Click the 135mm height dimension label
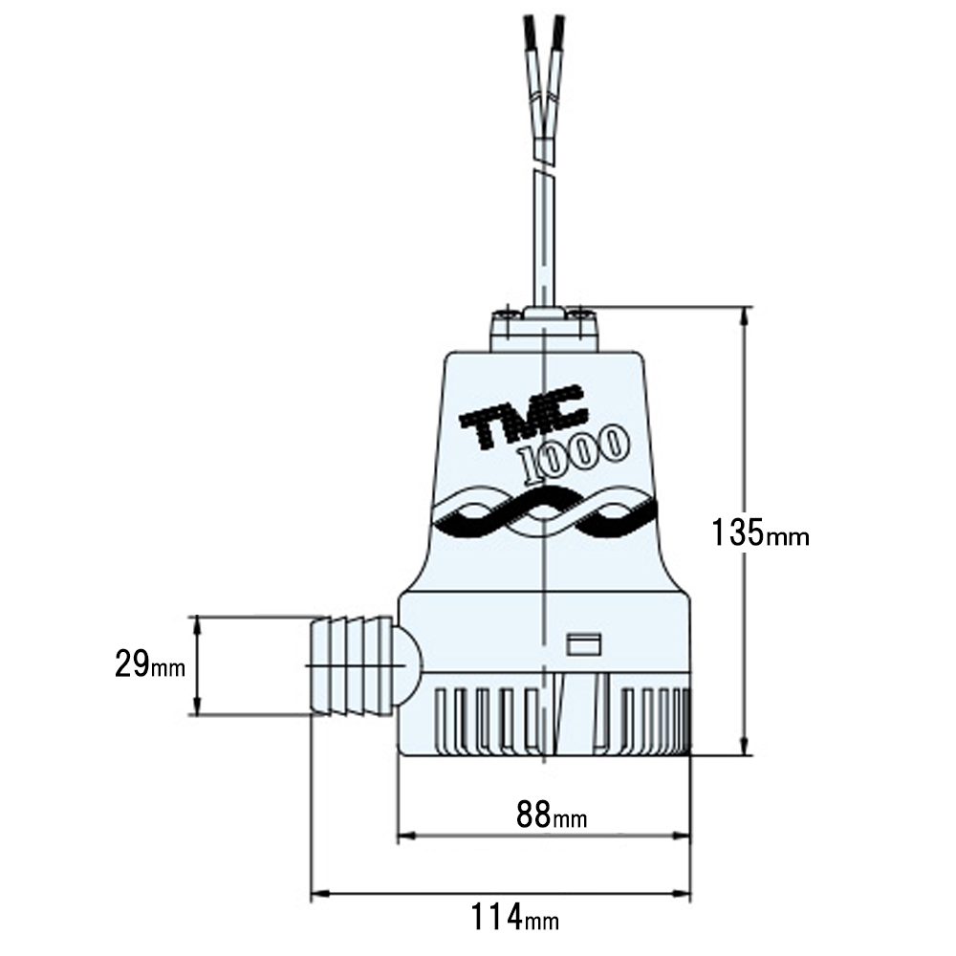(x=760, y=532)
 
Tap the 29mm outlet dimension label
(x=150, y=664)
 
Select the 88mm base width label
(x=552, y=814)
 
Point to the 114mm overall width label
(x=514, y=917)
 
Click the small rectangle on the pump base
(x=583, y=644)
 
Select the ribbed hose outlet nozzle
(x=351, y=665)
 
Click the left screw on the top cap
(x=508, y=314)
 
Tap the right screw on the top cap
(x=581, y=314)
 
